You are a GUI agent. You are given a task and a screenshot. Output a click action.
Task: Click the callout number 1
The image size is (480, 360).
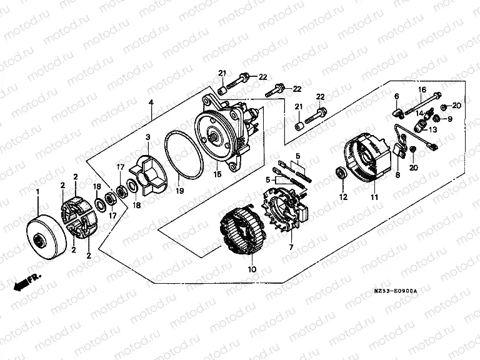pyautogui.click(x=37, y=191)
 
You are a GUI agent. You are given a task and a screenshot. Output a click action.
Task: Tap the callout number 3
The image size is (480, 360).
pyautogui.click(x=147, y=137)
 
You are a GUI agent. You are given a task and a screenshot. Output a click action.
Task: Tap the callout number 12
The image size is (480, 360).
pyautogui.click(x=342, y=197)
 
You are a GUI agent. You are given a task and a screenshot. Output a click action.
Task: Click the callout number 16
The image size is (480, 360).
pyautogui.click(x=422, y=89)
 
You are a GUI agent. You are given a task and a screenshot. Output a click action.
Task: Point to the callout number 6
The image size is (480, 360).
pyautogui.click(x=396, y=96)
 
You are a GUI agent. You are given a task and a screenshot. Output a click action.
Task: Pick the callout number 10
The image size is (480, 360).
pyautogui.click(x=252, y=269)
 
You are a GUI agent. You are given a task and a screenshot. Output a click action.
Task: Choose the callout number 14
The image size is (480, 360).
pyautogui.click(x=420, y=113)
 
